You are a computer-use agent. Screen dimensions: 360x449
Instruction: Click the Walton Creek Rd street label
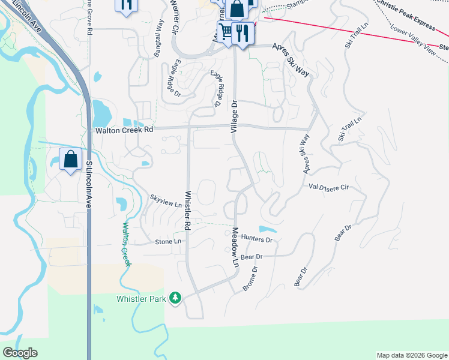[125, 130]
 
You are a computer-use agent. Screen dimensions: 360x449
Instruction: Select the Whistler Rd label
[187, 211]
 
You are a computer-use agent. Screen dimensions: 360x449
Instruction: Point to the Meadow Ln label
[235, 247]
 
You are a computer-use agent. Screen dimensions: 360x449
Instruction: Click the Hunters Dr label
[257, 239]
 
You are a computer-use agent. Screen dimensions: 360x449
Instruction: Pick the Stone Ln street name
[168, 241]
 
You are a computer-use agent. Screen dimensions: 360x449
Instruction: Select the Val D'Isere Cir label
[328, 187]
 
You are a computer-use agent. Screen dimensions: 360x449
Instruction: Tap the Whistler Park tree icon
[175, 298]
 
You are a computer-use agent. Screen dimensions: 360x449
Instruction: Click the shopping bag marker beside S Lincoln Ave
[71, 160]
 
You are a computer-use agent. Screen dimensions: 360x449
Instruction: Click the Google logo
[20, 353]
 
